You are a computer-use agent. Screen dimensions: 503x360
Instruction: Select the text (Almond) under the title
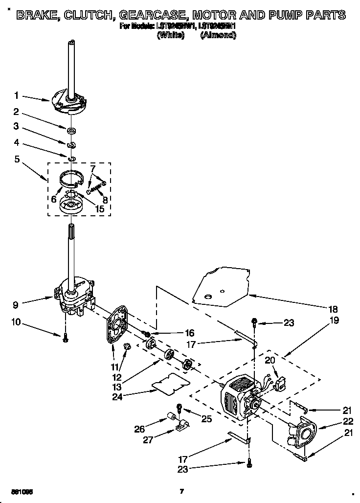point(218,36)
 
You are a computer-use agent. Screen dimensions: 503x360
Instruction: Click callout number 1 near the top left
point(17,95)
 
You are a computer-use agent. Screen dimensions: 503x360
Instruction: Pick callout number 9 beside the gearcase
point(17,304)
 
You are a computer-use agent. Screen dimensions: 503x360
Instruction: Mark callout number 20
point(270,360)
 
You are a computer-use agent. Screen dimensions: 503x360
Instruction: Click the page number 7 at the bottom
point(181,491)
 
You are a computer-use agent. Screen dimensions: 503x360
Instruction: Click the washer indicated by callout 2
point(71,130)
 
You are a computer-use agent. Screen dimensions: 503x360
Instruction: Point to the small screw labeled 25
point(180,407)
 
